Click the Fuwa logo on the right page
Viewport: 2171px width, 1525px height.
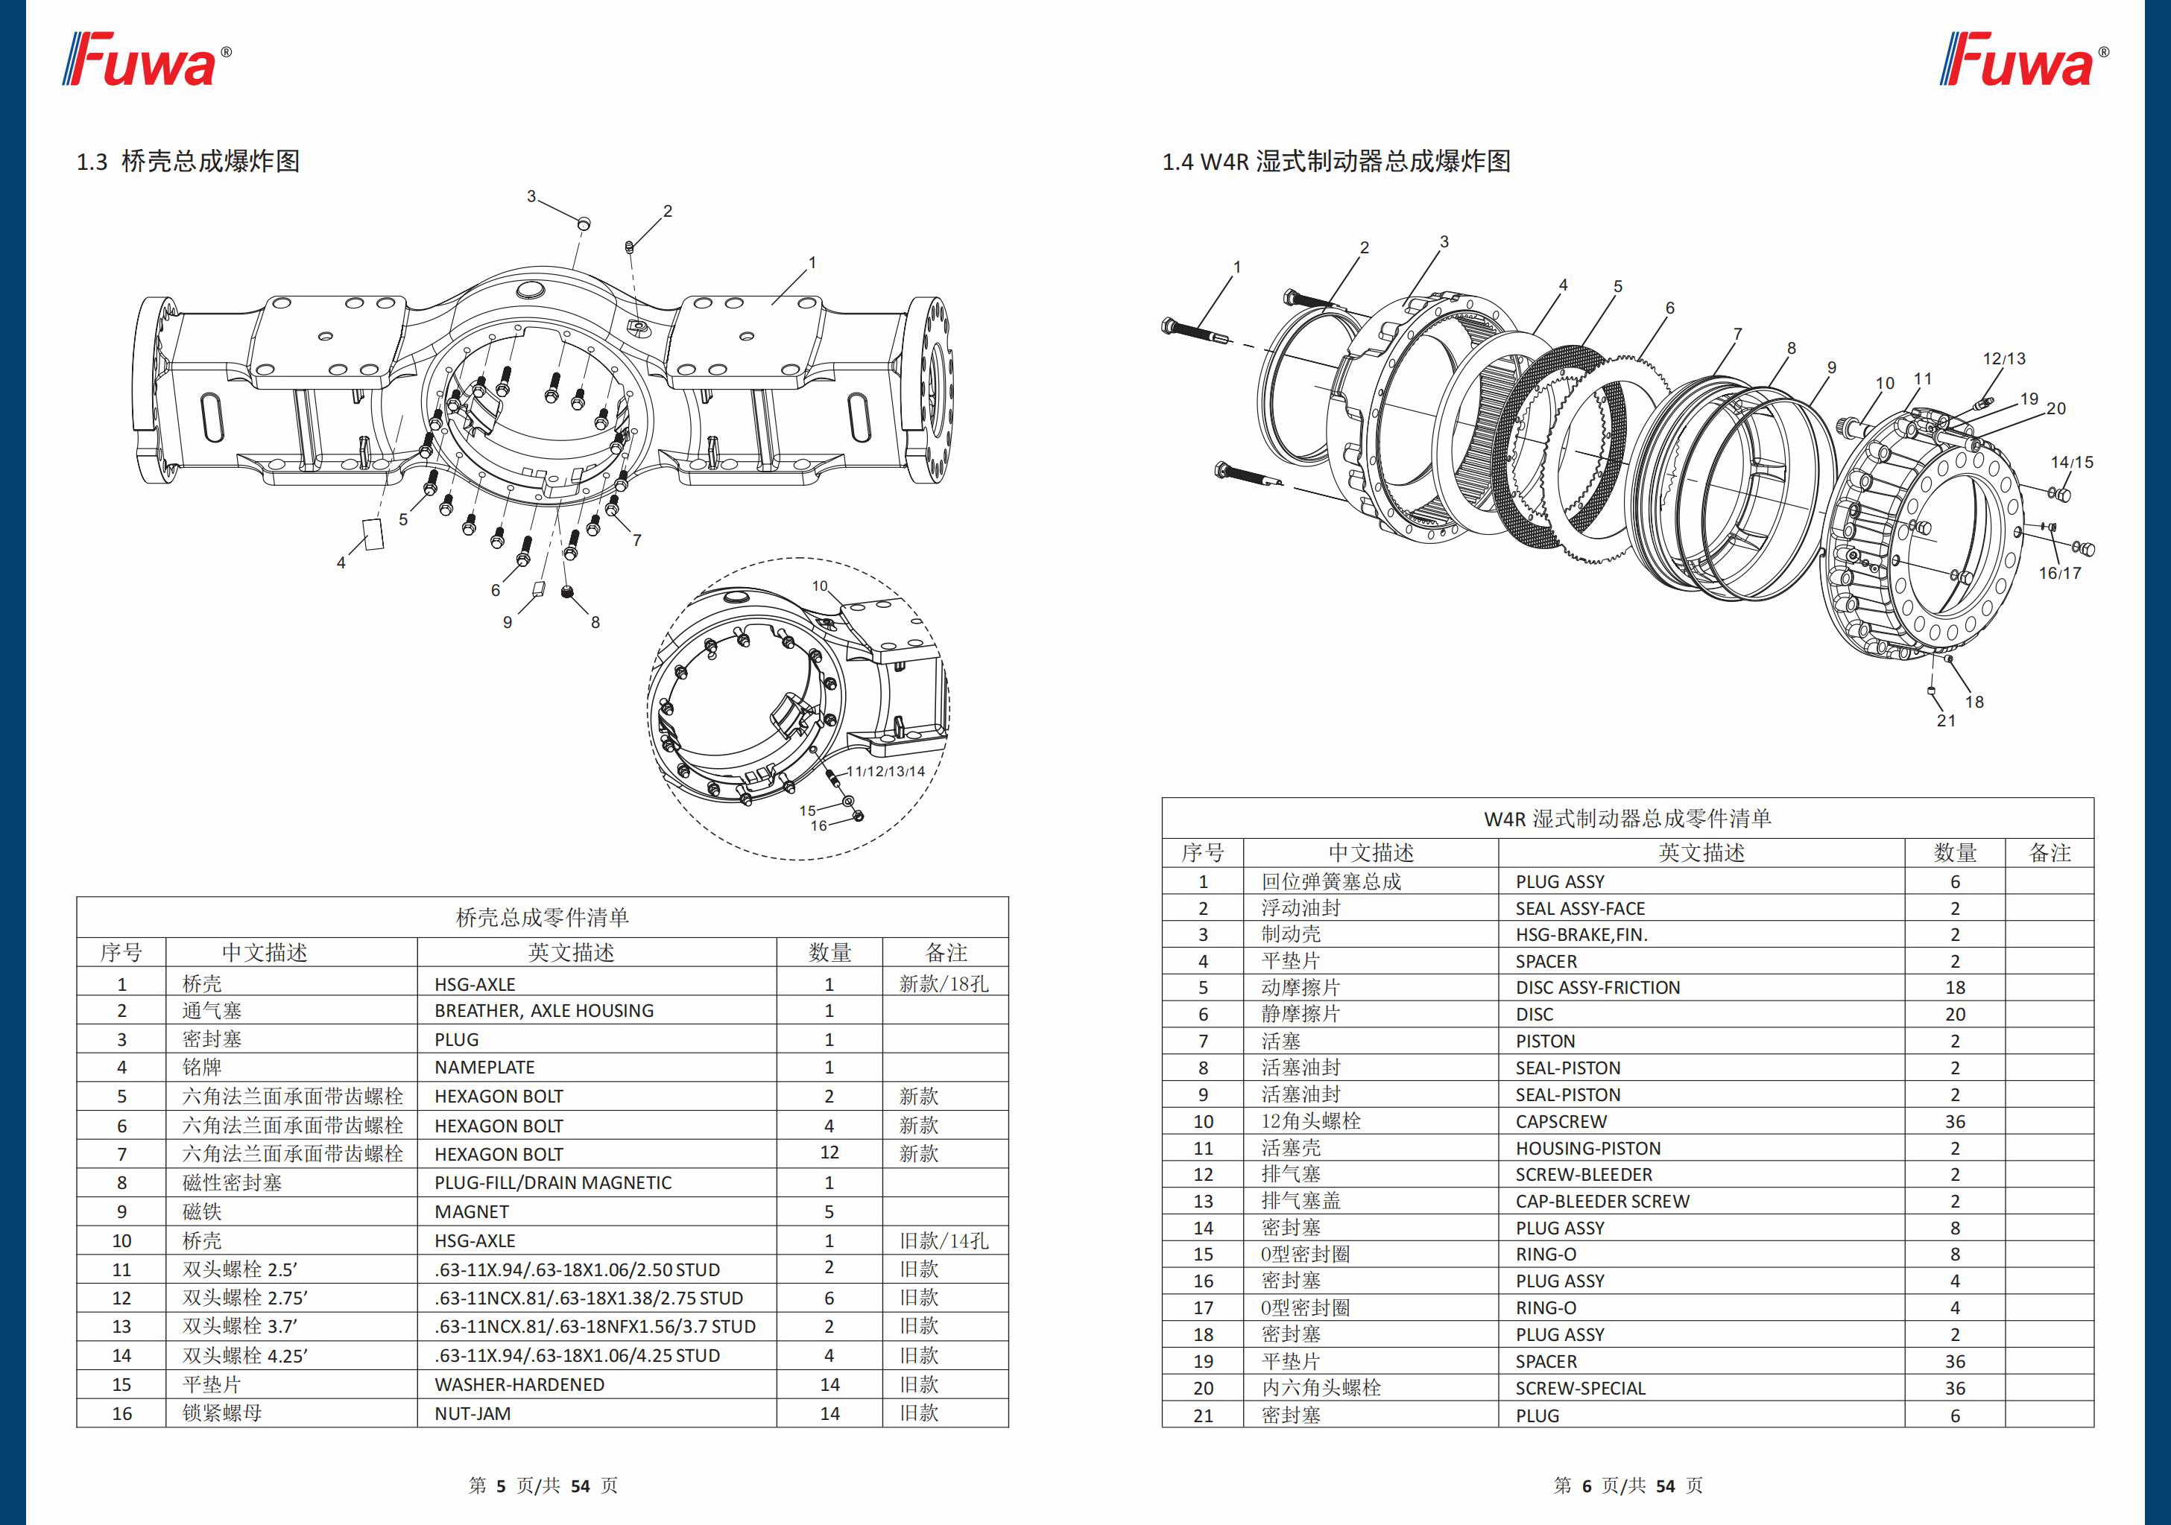(x=2023, y=60)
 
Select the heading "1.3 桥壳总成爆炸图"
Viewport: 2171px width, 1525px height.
(x=188, y=162)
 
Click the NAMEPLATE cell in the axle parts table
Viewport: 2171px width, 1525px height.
(x=484, y=1068)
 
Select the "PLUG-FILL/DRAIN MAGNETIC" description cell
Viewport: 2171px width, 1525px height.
(x=553, y=1183)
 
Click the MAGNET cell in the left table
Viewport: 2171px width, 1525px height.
(x=472, y=1212)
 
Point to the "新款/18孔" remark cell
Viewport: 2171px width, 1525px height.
(x=944, y=984)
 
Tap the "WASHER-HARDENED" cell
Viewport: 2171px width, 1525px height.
(x=519, y=1385)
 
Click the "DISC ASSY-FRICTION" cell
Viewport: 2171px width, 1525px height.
(x=1598, y=988)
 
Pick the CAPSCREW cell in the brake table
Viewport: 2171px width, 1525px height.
(x=1561, y=1122)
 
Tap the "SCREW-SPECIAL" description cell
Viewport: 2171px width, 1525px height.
(x=1580, y=1389)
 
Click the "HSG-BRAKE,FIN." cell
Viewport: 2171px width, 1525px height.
(x=1581, y=935)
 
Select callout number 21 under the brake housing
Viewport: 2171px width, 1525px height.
(x=1946, y=720)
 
